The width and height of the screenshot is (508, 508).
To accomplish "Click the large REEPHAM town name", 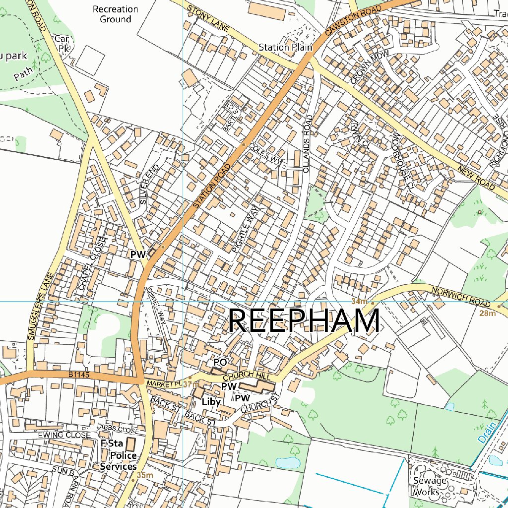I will click(304, 321).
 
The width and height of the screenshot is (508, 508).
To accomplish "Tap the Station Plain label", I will click(285, 48).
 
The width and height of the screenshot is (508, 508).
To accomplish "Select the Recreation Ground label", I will click(116, 14).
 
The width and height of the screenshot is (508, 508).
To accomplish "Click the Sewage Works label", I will click(427, 486).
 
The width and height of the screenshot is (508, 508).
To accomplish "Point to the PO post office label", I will click(220, 363).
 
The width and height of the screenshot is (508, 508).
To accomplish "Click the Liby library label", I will click(211, 401).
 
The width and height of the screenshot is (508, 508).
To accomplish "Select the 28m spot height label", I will click(487, 314).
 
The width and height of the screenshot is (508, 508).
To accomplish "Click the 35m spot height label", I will click(144, 475).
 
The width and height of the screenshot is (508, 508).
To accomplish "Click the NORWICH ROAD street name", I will click(461, 297).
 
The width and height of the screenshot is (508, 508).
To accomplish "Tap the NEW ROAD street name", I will click(477, 178).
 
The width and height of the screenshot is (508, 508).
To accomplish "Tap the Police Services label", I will click(118, 461).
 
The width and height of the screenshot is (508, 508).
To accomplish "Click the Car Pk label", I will click(63, 43).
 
